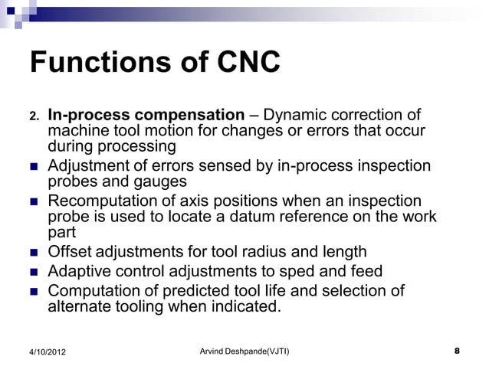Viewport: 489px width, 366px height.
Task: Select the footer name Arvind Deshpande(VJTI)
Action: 244,351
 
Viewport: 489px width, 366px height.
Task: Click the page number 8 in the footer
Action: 457,351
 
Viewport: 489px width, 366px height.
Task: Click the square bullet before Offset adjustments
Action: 34,252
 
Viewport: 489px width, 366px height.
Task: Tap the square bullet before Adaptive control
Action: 34,271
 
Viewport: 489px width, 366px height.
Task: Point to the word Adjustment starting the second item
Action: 89,166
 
